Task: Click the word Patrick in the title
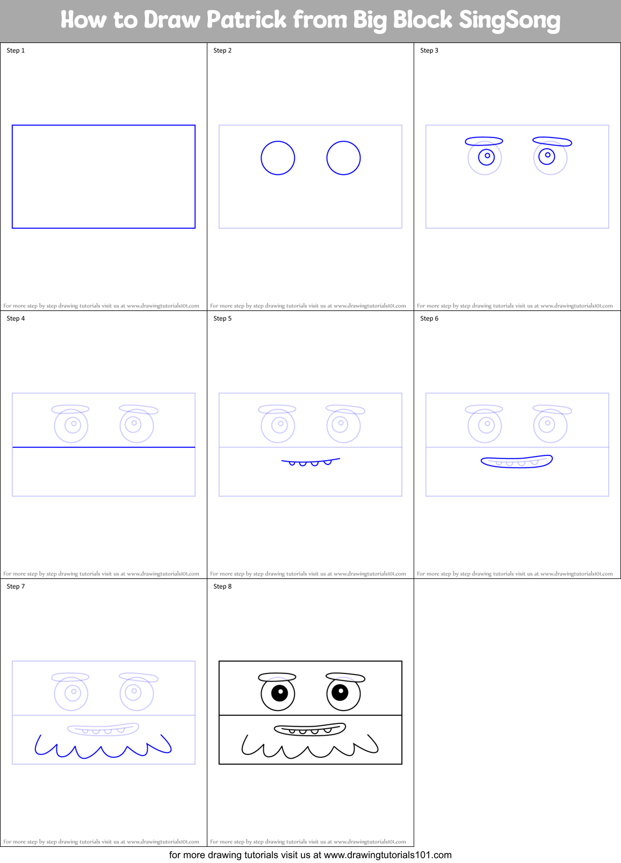(247, 20)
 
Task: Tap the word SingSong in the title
(509, 20)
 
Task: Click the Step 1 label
(16, 50)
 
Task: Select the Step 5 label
(222, 318)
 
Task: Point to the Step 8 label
(222, 586)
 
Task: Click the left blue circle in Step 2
(278, 158)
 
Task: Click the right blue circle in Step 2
(343, 158)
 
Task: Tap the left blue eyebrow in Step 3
(483, 141)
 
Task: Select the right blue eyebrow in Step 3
(552, 141)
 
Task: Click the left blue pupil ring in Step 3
(487, 156)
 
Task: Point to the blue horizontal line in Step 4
(103, 447)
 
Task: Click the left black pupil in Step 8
(280, 693)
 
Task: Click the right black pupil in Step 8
(340, 692)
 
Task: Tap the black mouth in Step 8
(310, 729)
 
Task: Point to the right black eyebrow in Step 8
(345, 677)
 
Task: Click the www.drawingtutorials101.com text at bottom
(387, 855)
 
